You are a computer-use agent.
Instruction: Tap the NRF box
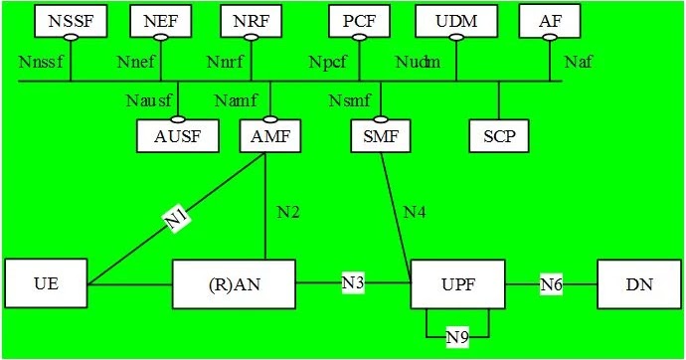click(252, 20)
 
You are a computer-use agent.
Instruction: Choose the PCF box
click(359, 20)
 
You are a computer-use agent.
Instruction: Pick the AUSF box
click(178, 136)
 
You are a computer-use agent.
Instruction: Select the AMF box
click(270, 136)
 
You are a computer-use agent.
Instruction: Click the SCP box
click(499, 136)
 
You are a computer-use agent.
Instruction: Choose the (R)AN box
click(234, 283)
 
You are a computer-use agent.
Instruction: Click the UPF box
click(457, 283)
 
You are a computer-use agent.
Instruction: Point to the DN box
click(639, 283)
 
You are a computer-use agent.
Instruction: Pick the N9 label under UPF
click(457, 338)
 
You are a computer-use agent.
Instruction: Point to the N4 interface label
click(417, 212)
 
